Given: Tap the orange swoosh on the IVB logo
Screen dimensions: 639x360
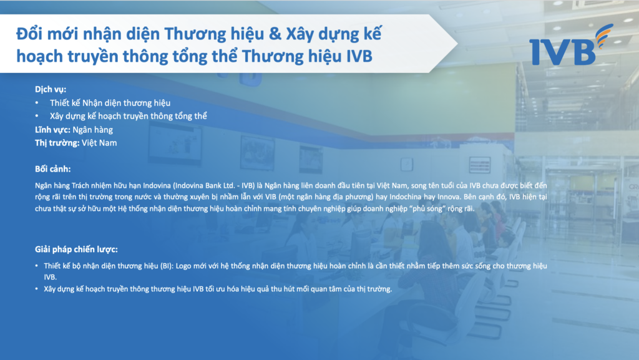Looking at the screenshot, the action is (x=604, y=35).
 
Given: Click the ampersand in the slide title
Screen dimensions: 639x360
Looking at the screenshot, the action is (x=275, y=34).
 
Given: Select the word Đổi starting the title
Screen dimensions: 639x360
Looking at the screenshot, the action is (x=29, y=34).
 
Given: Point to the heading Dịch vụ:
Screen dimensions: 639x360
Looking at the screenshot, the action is (x=51, y=90).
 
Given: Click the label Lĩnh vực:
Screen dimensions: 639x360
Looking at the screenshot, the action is (x=52, y=130).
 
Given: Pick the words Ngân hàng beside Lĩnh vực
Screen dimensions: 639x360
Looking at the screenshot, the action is (x=93, y=130).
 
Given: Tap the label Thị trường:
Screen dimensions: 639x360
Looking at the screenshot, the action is (x=57, y=143).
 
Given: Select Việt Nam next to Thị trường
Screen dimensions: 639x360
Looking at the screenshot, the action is (x=99, y=143).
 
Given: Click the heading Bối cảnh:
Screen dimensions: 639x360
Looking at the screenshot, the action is (x=52, y=169).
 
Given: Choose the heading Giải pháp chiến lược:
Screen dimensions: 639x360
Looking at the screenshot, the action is (x=76, y=249).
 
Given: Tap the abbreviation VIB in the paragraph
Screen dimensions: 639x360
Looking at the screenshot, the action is (x=271, y=197).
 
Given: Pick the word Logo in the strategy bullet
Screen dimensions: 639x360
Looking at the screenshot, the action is (x=183, y=266).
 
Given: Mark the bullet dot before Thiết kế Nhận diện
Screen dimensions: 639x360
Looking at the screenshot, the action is (x=37, y=103).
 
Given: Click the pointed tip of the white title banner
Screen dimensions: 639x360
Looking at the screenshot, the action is (x=457, y=44).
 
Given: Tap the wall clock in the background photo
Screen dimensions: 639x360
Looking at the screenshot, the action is (x=407, y=165).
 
